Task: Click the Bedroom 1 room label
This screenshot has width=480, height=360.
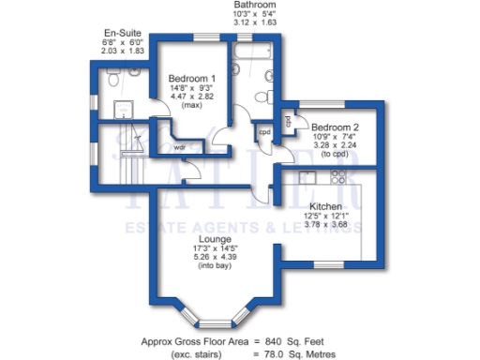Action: coord(191,79)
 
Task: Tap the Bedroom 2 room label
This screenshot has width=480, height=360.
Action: coord(335,127)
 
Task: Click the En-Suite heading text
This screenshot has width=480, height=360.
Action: coord(123,32)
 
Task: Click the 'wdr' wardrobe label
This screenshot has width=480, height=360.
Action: coord(179,147)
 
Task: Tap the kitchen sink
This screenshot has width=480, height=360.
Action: coord(305,176)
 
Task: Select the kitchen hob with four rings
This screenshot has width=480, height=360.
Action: coord(357,178)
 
